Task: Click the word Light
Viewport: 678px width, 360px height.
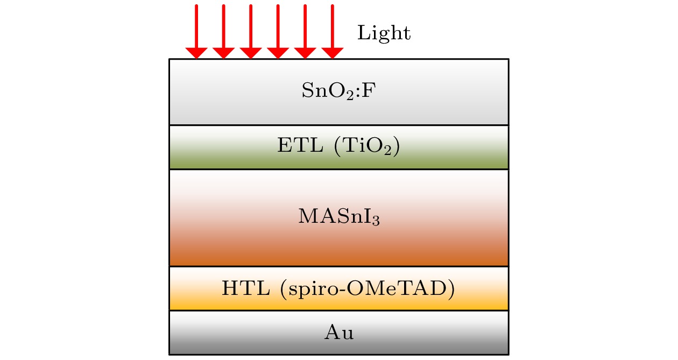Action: click(x=384, y=33)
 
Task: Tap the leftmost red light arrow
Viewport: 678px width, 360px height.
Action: click(x=196, y=32)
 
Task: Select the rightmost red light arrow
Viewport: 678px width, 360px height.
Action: click(x=333, y=32)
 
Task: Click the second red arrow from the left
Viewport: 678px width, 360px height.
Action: click(x=224, y=32)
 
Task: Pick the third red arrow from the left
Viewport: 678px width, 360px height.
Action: click(x=251, y=32)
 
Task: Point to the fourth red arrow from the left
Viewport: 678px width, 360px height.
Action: click(x=278, y=32)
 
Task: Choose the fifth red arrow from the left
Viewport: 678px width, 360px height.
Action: click(x=305, y=32)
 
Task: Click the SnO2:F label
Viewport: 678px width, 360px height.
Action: click(x=338, y=90)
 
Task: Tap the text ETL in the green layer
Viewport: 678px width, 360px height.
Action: click(x=300, y=145)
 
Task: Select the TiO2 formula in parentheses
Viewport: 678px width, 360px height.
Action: click(x=367, y=146)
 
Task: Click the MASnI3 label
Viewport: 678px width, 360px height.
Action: click(x=339, y=216)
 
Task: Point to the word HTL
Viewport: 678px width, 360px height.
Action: click(x=246, y=288)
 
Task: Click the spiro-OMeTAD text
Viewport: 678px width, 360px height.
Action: click(x=368, y=289)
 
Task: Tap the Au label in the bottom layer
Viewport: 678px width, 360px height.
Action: click(x=339, y=332)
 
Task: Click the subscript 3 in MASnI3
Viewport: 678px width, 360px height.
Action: click(x=376, y=221)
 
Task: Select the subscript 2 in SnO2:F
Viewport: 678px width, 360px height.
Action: click(x=350, y=95)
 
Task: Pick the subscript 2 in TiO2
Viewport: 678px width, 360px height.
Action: click(x=388, y=151)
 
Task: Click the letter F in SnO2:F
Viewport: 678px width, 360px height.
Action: click(x=369, y=90)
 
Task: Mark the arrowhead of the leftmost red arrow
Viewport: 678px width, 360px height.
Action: click(x=196, y=53)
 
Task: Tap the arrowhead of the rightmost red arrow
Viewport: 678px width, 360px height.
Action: click(x=333, y=53)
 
